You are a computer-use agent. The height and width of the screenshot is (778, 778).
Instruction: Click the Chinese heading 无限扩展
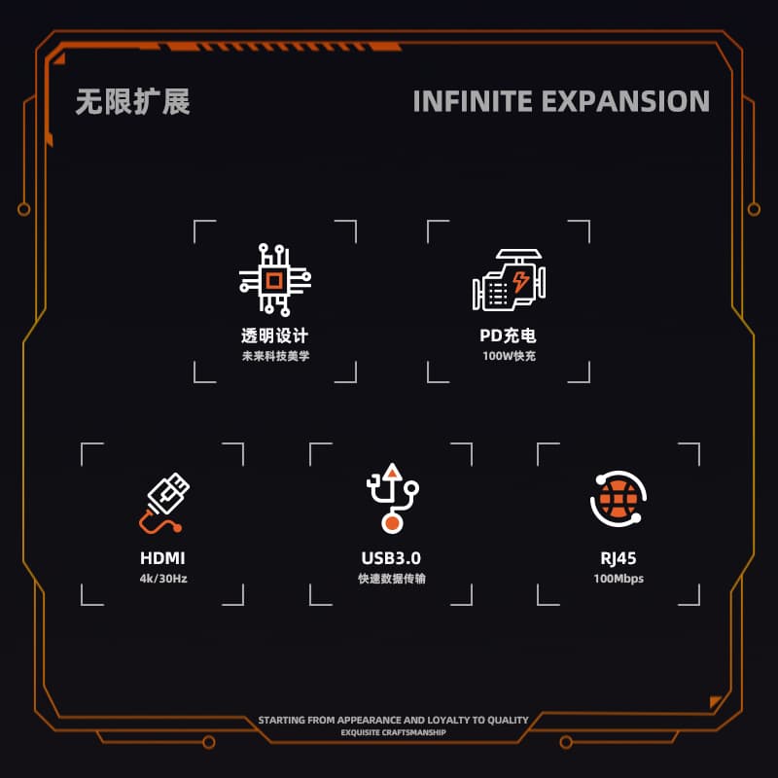132,101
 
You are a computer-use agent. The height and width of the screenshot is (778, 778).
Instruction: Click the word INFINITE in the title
470,101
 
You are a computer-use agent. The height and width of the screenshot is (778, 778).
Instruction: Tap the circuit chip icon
275,280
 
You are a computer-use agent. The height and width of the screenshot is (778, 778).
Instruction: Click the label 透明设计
275,336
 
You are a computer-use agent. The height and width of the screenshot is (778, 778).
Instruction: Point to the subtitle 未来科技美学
275,356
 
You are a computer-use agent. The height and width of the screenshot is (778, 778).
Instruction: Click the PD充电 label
509,336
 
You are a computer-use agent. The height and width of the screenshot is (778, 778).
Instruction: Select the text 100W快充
509,356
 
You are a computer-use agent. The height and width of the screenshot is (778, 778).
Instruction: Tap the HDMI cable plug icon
163,503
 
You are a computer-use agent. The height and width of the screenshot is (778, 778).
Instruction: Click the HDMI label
162,558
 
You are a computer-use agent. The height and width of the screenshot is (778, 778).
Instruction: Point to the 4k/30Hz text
162,579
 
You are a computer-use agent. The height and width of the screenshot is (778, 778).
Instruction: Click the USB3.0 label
391,558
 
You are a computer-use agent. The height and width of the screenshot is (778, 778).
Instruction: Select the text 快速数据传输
391,579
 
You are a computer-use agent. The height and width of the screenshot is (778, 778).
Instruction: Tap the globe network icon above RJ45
619,499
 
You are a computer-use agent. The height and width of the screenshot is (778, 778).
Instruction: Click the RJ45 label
619,558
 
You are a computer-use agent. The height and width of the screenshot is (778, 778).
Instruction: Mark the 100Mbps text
619,579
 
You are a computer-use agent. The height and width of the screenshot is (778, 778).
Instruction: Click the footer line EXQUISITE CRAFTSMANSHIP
393,733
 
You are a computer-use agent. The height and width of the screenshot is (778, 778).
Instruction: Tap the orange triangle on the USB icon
391,472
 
